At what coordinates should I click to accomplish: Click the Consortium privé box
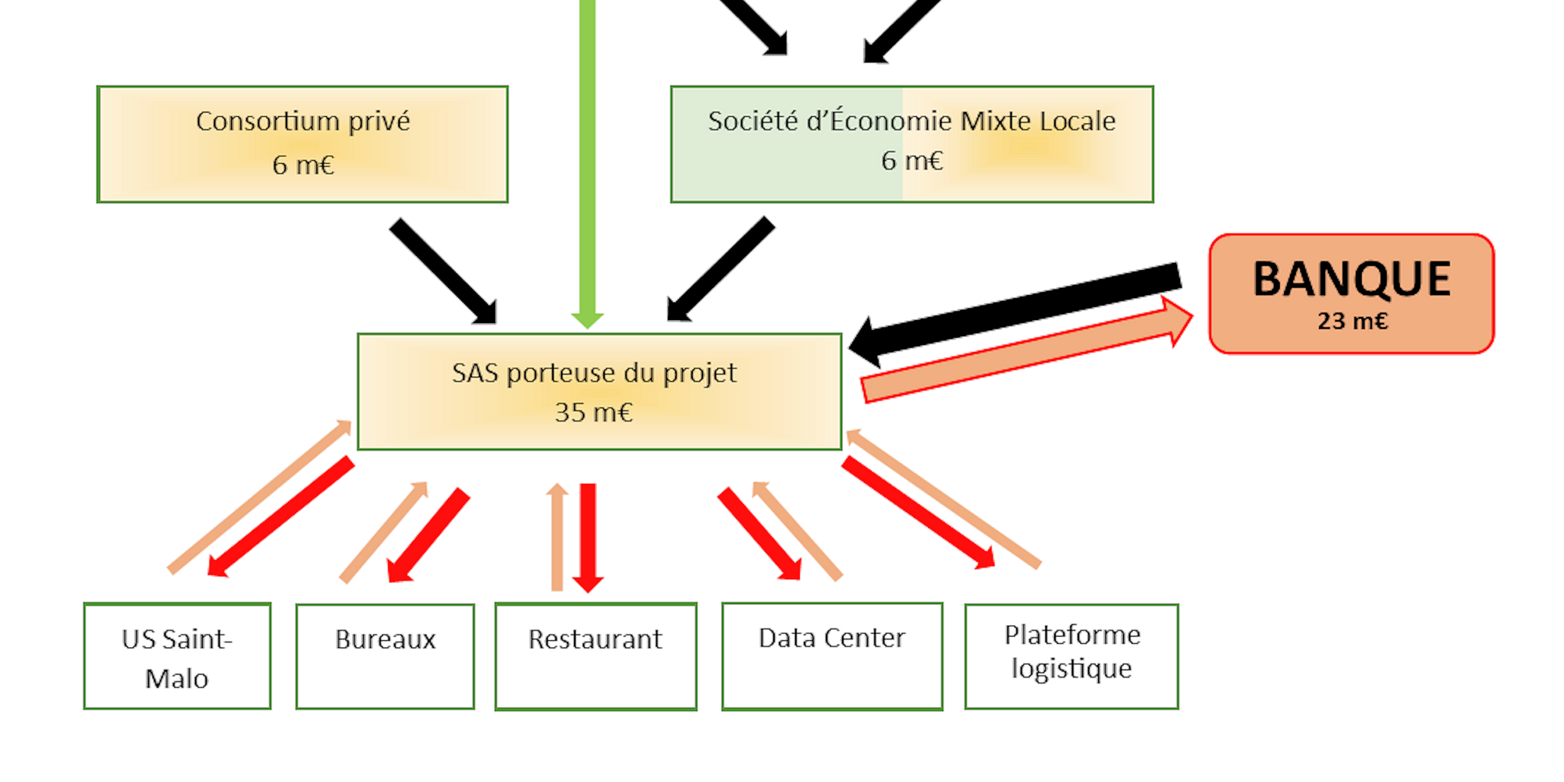[x=302, y=144]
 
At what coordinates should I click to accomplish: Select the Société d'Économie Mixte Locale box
[x=912, y=144]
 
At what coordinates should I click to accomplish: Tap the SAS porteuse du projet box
[x=599, y=392]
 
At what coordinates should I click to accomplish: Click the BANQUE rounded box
[x=1351, y=294]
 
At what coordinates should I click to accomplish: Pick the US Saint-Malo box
[x=177, y=656]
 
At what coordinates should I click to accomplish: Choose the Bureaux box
[x=385, y=657]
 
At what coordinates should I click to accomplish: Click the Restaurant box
[x=596, y=657]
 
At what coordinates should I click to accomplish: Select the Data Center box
[x=832, y=657]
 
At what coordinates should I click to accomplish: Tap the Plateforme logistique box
[x=1072, y=657]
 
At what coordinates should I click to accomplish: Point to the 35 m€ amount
[x=594, y=412]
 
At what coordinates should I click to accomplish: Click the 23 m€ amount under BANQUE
[x=1353, y=321]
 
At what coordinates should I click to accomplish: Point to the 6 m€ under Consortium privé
[x=303, y=165]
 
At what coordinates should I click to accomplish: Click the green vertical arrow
[x=587, y=164]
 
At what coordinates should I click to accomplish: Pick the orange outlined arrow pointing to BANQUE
[x=1026, y=349]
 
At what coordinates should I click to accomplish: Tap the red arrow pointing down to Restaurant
[x=588, y=538]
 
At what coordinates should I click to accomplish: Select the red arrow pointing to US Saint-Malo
[x=280, y=516]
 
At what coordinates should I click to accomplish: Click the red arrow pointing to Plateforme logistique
[x=918, y=513]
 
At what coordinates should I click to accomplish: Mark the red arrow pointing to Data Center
[x=759, y=533]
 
